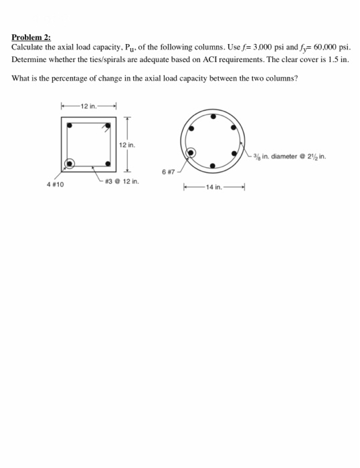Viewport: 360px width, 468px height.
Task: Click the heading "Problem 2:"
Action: [x=31, y=38]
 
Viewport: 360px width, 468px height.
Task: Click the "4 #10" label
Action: [x=55, y=184]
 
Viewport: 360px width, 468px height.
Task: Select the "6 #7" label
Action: [x=168, y=172]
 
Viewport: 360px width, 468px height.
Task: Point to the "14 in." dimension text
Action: [x=216, y=187]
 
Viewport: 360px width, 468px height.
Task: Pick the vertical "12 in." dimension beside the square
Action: [x=127, y=145]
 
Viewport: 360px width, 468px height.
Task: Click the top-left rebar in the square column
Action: [x=70, y=124]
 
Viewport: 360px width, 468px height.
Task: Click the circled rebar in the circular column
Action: [x=191, y=152]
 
